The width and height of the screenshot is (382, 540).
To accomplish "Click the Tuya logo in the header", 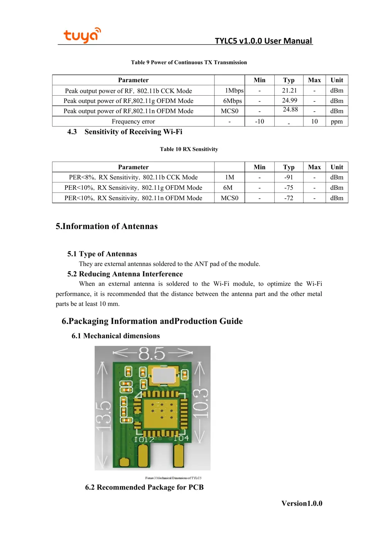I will pyautogui.click(x=82, y=35).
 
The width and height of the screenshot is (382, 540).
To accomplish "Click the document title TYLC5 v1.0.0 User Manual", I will pyautogui.click(x=263, y=41).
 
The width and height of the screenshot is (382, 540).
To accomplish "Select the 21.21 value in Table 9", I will pyautogui.click(x=289, y=91).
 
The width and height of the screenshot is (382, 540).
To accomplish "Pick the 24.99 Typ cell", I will pyautogui.click(x=289, y=101).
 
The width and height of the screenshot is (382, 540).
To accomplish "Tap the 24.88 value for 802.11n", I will pyautogui.click(x=290, y=110).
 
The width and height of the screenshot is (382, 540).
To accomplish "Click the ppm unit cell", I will pyautogui.click(x=336, y=121).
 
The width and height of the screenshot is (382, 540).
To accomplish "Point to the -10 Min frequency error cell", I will pyautogui.click(x=259, y=121).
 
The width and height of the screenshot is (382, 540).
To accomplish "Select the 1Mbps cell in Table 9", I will pyautogui.click(x=234, y=91).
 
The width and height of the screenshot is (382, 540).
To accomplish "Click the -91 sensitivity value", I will pyautogui.click(x=289, y=177).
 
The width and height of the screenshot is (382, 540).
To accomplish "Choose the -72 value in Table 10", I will pyautogui.click(x=289, y=198).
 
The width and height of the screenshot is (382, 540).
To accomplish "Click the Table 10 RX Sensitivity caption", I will pyautogui.click(x=189, y=149).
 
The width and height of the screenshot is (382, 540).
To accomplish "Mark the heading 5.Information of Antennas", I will pyautogui.click(x=106, y=226).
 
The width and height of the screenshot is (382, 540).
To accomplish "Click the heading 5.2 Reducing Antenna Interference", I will pyautogui.click(x=125, y=274).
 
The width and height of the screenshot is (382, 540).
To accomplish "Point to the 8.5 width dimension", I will pyautogui.click(x=152, y=353).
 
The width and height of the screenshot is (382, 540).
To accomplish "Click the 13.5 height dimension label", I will pyautogui.click(x=103, y=416).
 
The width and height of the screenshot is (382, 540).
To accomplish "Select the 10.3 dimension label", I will pyautogui.click(x=201, y=403).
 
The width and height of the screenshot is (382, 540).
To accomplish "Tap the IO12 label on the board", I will pyautogui.click(x=144, y=440).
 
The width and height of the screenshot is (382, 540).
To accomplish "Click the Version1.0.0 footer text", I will pyautogui.click(x=302, y=503).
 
